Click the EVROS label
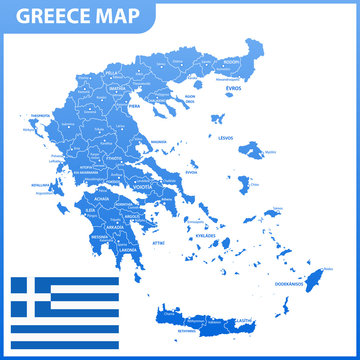[x=234, y=87]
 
